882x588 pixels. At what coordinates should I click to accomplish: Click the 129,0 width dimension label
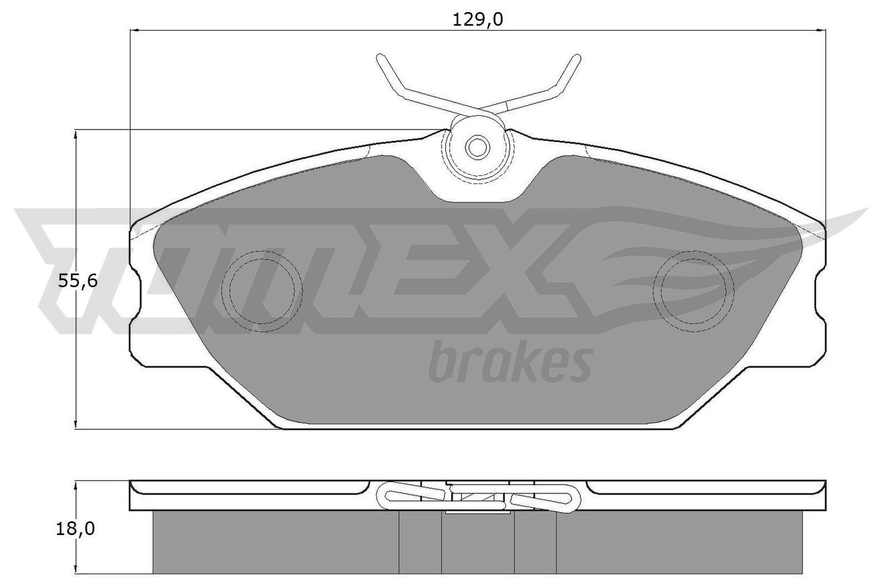(477, 19)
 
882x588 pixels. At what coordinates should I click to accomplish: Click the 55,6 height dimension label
(78, 282)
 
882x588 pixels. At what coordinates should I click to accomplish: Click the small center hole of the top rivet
(477, 147)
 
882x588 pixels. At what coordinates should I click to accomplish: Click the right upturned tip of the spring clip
(576, 58)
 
